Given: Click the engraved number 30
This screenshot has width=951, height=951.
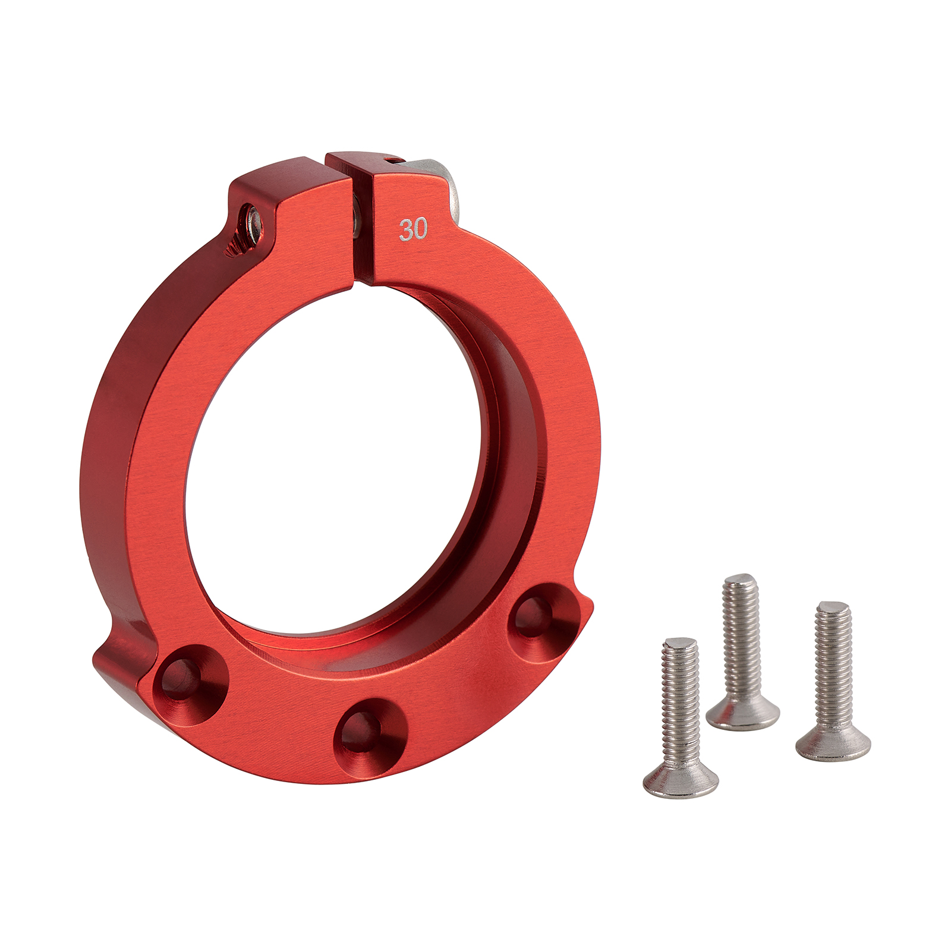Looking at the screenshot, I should (413, 229).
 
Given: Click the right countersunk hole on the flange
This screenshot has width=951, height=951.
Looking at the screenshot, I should (543, 621).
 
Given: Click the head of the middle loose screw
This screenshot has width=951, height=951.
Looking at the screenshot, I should (743, 713).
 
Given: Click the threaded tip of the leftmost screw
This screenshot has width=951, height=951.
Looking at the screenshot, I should (679, 645).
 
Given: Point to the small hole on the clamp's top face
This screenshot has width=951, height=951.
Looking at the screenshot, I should (390, 159).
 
